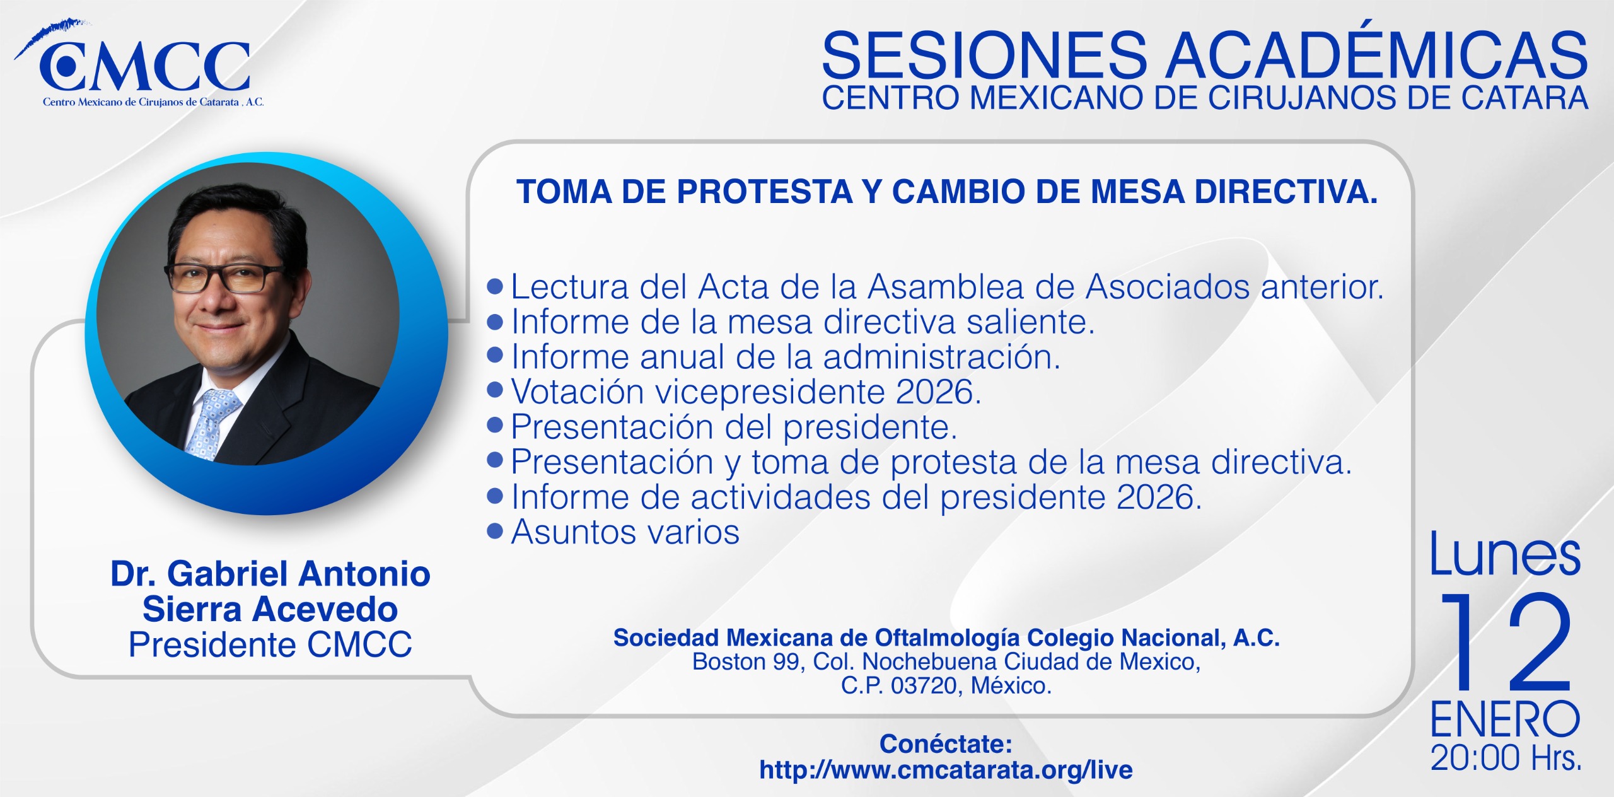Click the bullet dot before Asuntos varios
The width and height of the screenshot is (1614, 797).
[x=495, y=531]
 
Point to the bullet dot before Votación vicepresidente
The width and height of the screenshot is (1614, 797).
[x=495, y=390]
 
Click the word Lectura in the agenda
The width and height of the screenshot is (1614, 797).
[x=570, y=287]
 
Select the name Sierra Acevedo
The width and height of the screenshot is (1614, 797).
[x=270, y=609]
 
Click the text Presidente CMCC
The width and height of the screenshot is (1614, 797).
[x=270, y=644]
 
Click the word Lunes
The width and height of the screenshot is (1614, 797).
[x=1505, y=554]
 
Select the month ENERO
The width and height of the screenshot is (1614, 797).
[x=1505, y=719]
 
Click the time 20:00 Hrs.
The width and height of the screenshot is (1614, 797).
[x=1506, y=758]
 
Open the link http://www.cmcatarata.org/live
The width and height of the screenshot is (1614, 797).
[x=946, y=770]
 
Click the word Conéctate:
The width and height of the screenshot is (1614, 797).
[x=946, y=744]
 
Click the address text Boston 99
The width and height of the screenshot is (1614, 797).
[x=746, y=661]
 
